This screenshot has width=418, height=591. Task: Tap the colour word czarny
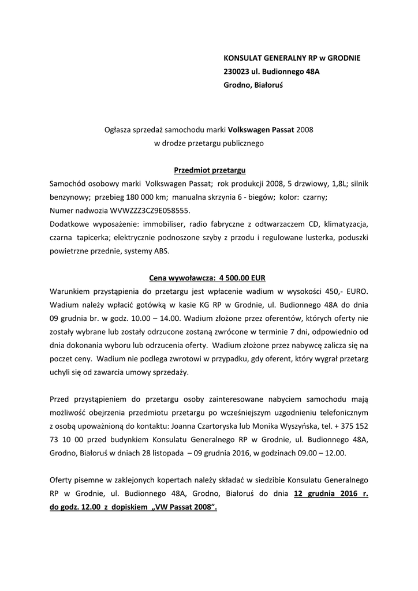(x=314, y=197)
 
